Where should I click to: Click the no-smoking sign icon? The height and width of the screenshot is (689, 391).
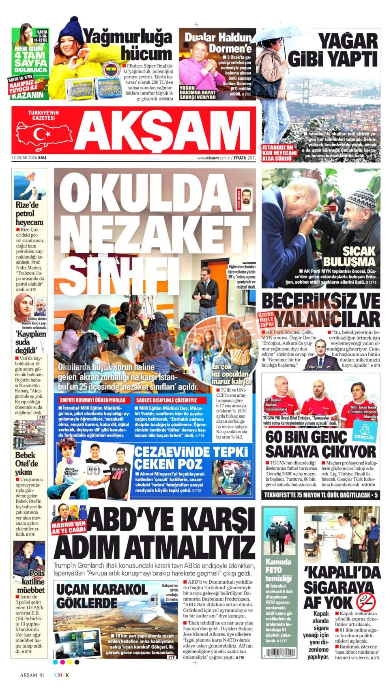365,602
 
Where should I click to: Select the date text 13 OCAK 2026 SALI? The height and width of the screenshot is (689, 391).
28,158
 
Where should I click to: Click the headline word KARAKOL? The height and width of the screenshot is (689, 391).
121,589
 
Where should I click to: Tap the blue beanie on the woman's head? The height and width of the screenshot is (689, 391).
72,29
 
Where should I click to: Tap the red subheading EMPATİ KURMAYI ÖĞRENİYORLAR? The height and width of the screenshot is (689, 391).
93,400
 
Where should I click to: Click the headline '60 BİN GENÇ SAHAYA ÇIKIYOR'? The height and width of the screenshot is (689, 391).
320,444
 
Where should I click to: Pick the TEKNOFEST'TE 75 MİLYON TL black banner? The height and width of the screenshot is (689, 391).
320,495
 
